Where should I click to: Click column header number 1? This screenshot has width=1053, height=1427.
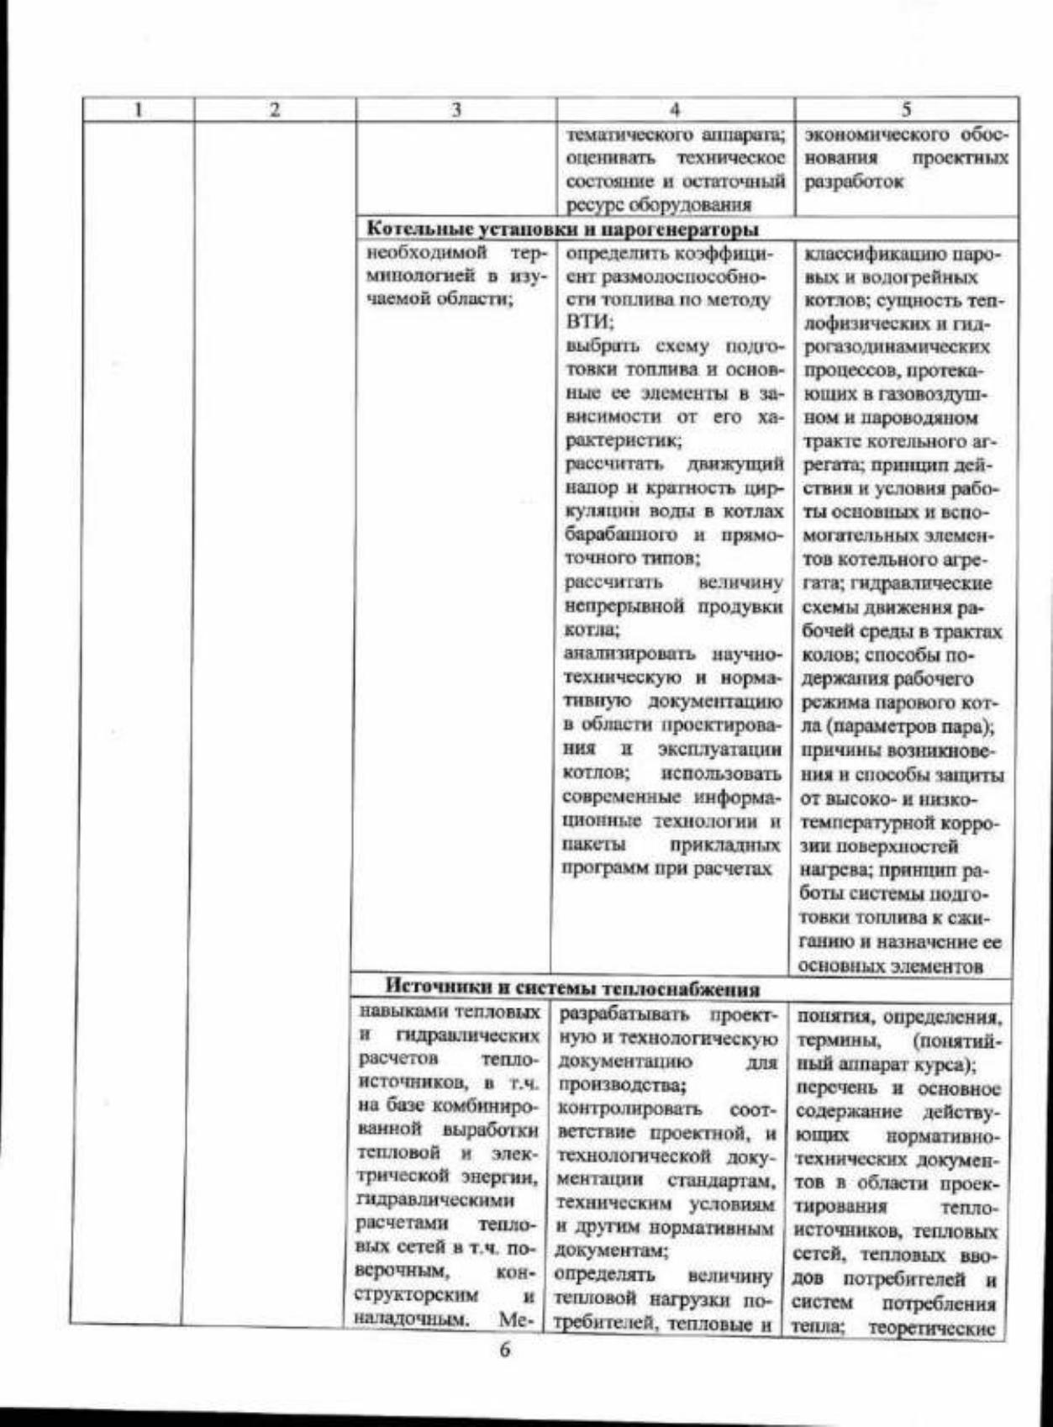click(140, 109)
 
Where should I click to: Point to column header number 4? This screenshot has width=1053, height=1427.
click(674, 109)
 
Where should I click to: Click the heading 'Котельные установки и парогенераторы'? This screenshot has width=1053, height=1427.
click(566, 229)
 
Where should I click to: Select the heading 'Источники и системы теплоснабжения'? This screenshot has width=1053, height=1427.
click(572, 988)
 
